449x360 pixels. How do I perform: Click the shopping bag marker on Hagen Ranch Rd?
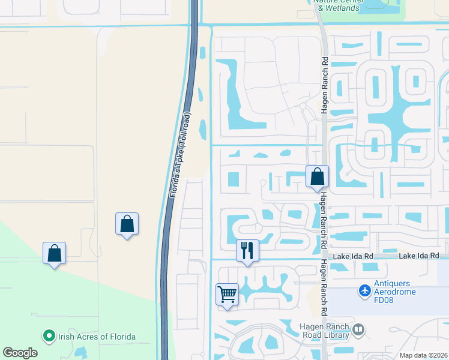point(317,177)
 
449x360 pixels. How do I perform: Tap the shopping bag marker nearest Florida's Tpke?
point(127,224)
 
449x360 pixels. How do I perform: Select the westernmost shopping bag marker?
point(54,254)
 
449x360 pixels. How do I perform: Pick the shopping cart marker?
point(228,295)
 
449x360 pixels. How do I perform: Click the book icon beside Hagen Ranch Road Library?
point(358,329)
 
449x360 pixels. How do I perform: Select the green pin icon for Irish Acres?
point(48,337)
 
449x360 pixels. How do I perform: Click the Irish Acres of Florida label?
point(96,337)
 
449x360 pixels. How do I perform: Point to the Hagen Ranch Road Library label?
point(324,330)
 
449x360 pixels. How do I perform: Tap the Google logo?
point(20,353)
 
